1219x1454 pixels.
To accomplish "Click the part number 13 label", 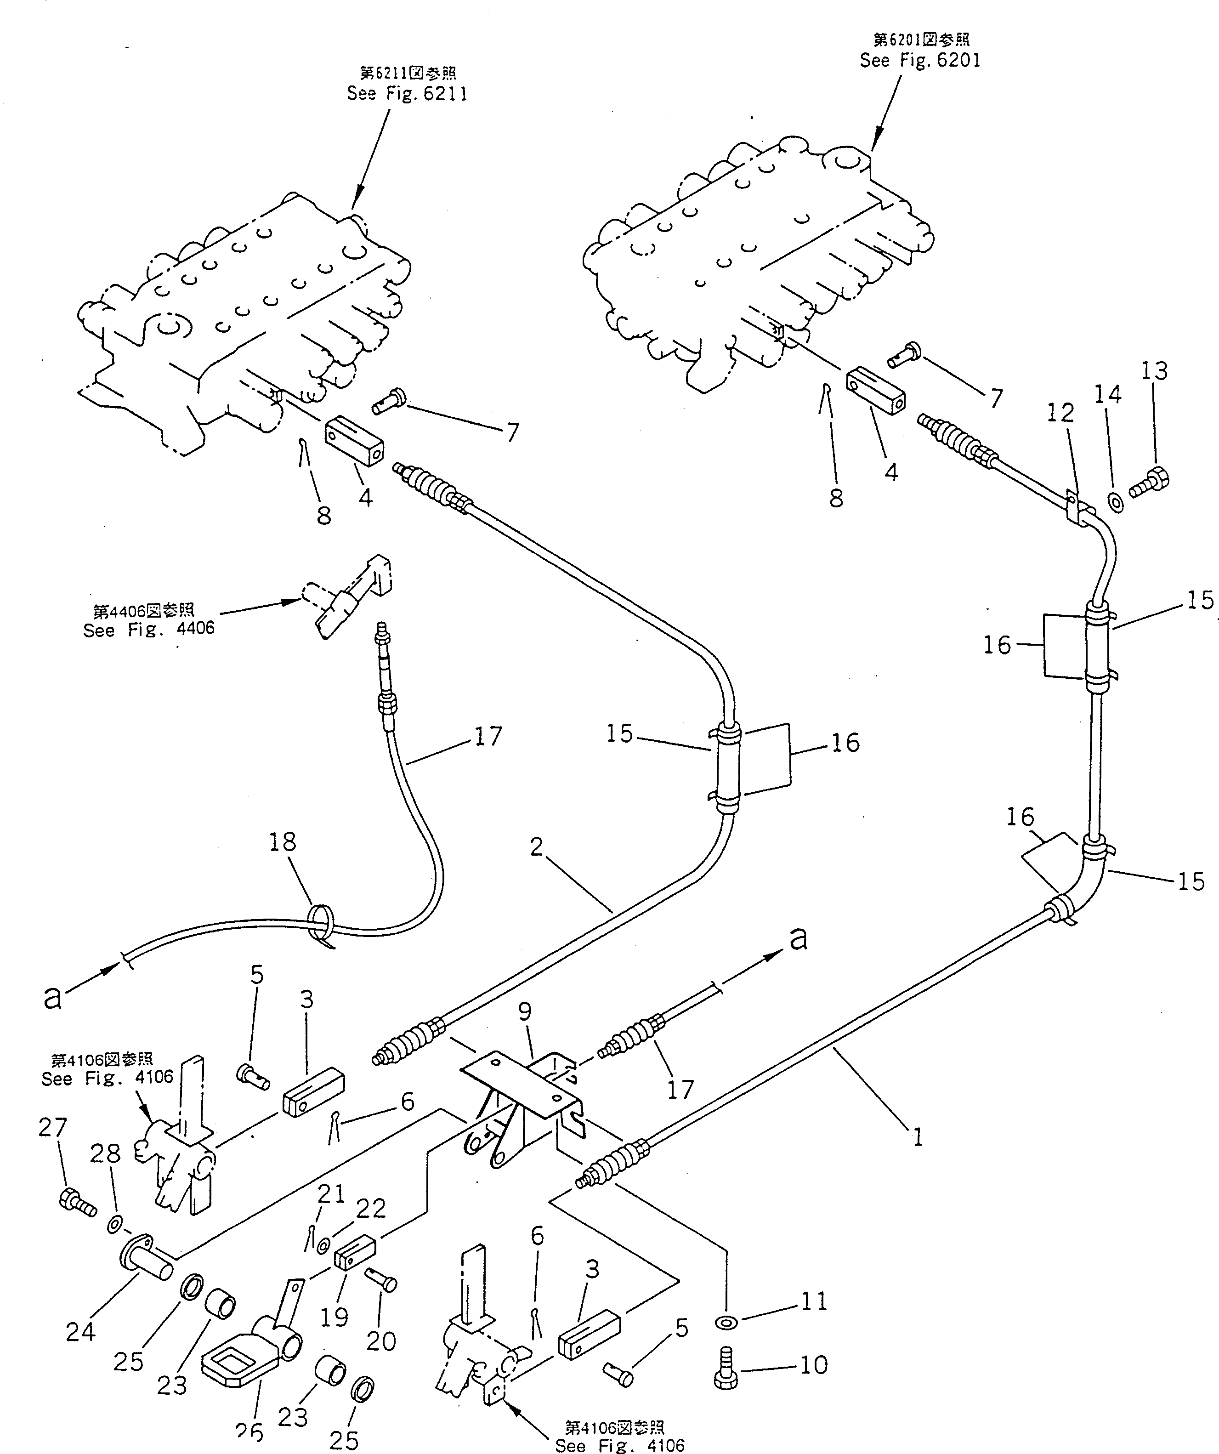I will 1154,371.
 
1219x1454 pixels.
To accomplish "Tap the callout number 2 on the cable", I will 537,847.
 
